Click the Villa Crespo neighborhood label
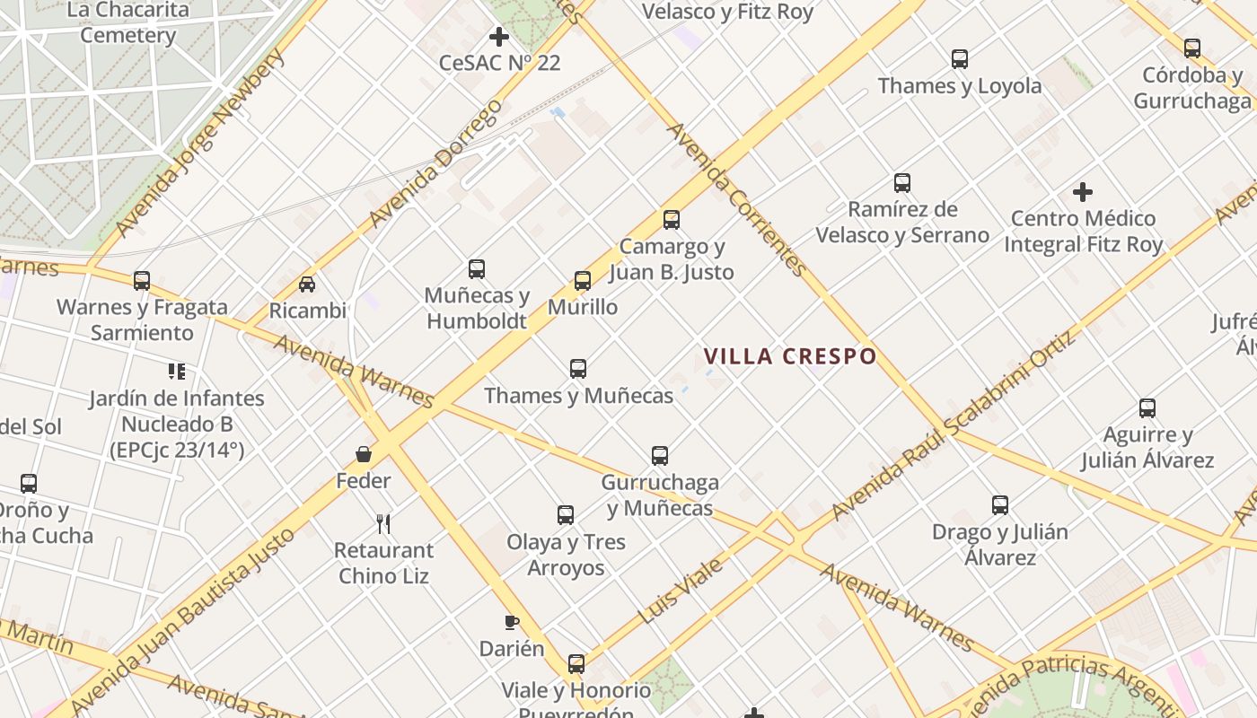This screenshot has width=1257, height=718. [790, 356]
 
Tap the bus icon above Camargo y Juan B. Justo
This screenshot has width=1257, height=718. [671, 220]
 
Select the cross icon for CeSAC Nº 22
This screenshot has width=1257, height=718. [499, 37]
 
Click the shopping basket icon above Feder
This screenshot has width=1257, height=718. [364, 454]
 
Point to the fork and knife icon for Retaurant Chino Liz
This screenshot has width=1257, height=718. [383, 523]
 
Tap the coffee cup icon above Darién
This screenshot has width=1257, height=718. [511, 622]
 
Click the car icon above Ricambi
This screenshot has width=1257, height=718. [307, 285]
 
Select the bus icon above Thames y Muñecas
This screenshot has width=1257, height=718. [578, 368]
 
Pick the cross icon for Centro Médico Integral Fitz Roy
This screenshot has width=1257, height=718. [1083, 191]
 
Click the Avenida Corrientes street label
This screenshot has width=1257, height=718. [736, 199]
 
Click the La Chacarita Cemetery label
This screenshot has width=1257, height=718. [127, 22]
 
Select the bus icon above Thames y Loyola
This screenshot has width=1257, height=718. [960, 59]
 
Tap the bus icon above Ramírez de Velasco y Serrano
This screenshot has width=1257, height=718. [902, 183]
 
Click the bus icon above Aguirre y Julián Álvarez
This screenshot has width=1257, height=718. [1147, 408]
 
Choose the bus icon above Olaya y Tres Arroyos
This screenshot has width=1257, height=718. [566, 515]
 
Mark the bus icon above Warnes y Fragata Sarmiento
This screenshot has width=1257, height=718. [142, 280]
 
